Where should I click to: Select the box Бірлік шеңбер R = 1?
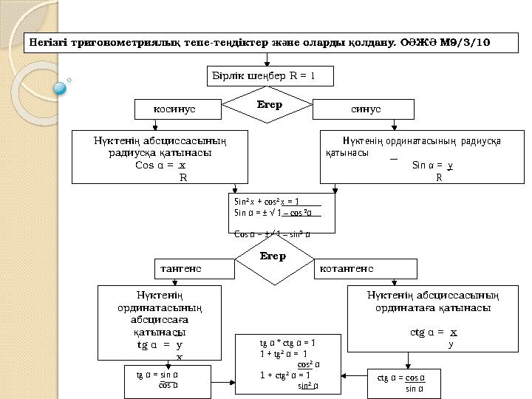tap(269, 75)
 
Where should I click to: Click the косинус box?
tap(177, 109)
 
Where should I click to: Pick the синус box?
tap(365, 109)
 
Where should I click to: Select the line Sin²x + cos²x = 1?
tap(266, 201)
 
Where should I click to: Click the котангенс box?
tap(365, 267)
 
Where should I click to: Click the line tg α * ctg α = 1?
tap(287, 343)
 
